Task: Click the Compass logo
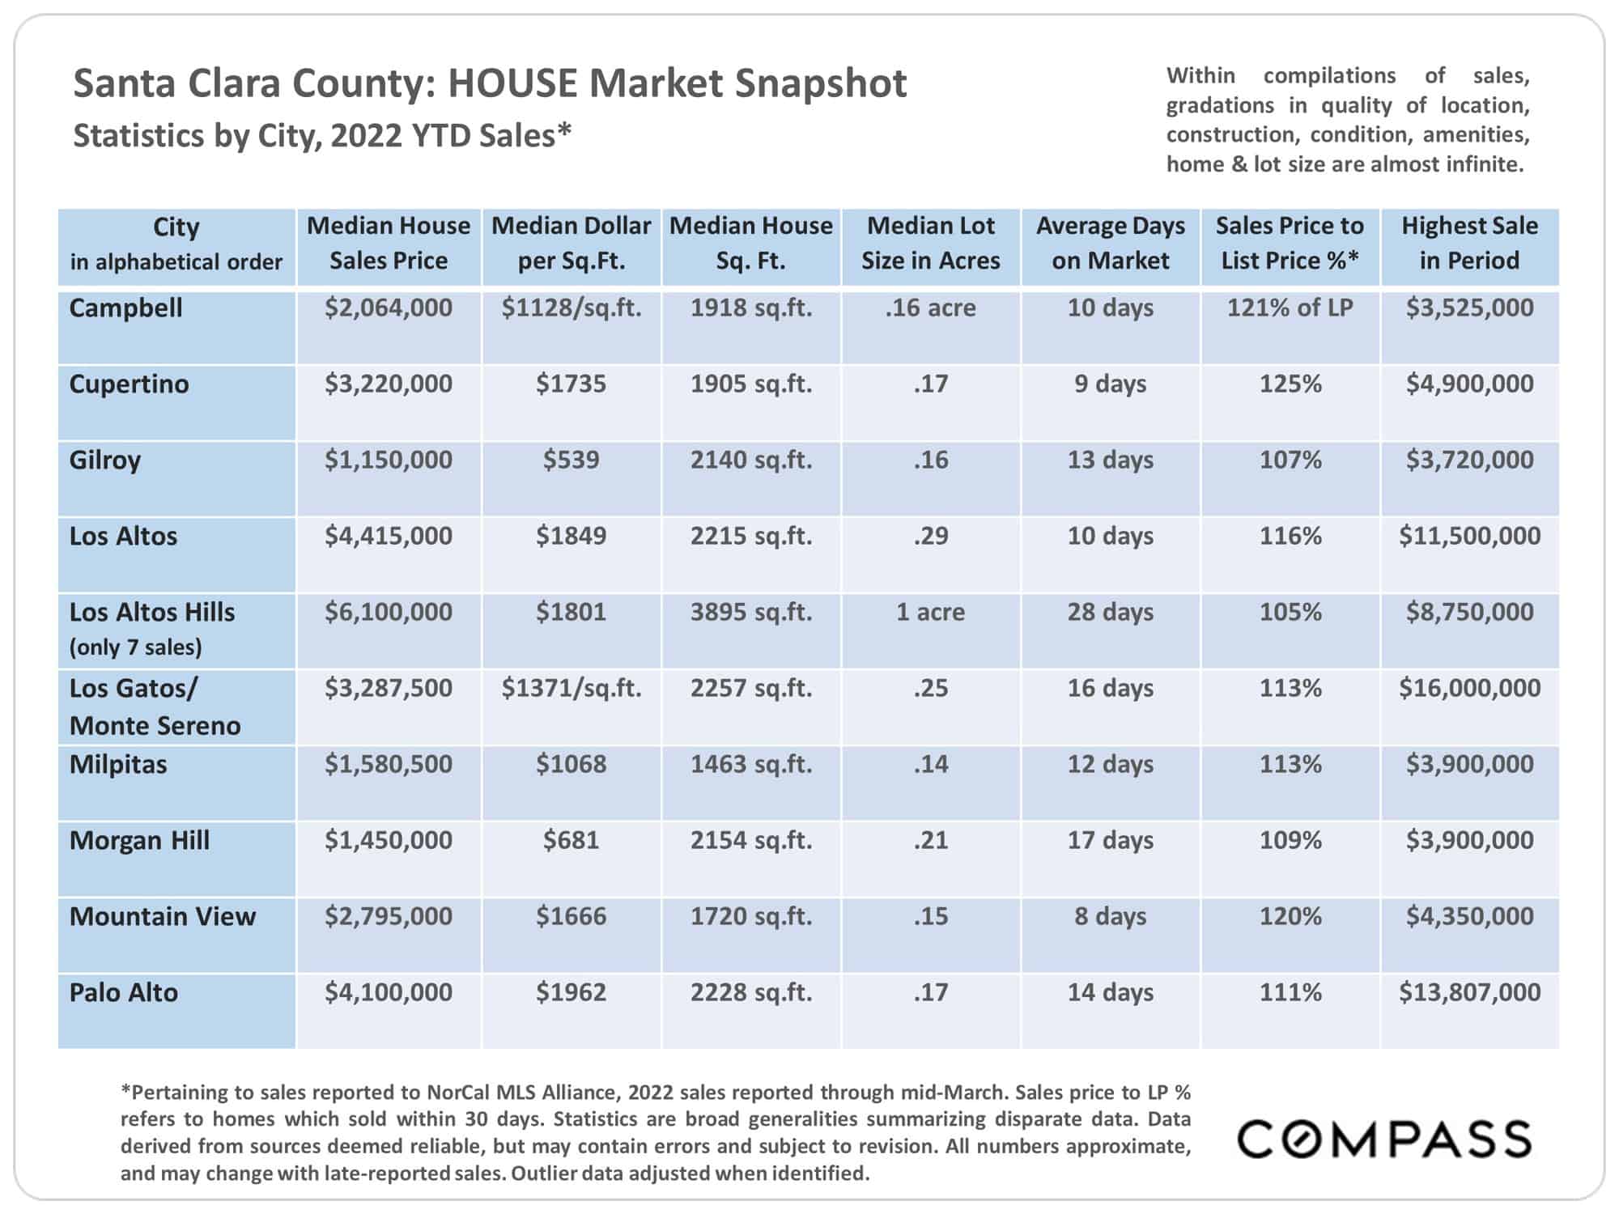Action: tap(1383, 1139)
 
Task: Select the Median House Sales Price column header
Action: tap(389, 243)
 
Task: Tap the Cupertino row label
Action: tap(129, 384)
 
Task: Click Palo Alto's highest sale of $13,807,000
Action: tap(1469, 992)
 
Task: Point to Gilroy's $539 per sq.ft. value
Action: tap(571, 460)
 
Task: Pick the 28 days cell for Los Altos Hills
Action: tap(1110, 612)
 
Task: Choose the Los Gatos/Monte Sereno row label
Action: tap(155, 707)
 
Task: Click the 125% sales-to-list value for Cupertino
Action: tap(1290, 384)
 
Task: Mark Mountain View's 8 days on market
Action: tap(1110, 916)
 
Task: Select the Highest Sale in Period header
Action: tap(1469, 243)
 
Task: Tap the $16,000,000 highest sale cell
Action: tap(1469, 688)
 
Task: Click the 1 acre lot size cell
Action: tap(930, 612)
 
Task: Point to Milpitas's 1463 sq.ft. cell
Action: tap(750, 764)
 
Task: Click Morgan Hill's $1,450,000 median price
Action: tap(389, 840)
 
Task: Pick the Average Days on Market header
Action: tap(1110, 243)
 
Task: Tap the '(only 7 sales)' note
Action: tap(135, 647)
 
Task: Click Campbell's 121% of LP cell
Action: tap(1290, 308)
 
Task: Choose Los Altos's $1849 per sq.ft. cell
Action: tap(571, 536)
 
